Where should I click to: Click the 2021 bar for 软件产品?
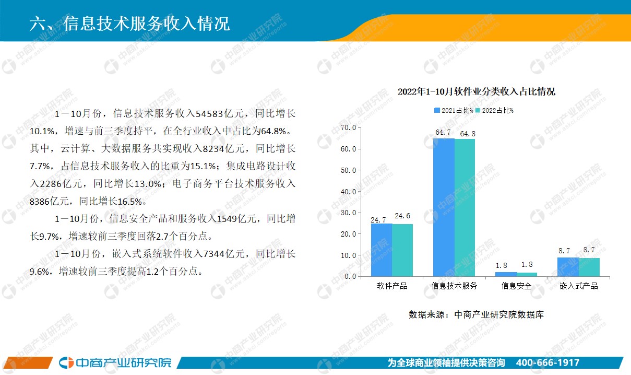pyautogui.click(x=382, y=250)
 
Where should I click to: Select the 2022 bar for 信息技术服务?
pyautogui.click(x=465, y=207)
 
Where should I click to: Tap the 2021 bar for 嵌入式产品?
pyautogui.click(x=568, y=267)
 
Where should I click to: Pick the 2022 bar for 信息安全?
pyautogui.click(x=527, y=274)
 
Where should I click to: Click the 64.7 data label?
pyautogui.click(x=443, y=132)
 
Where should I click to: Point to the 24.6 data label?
pyautogui.click(x=402, y=216)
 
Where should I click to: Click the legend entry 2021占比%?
pyautogui.click(x=454, y=110)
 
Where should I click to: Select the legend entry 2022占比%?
pyautogui.click(x=494, y=110)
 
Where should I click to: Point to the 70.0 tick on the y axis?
pyautogui.click(x=349, y=128)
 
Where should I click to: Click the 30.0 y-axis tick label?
pyautogui.click(x=349, y=213)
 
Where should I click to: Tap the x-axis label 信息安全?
pyautogui.click(x=516, y=286)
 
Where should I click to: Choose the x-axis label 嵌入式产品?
pyautogui.click(x=579, y=286)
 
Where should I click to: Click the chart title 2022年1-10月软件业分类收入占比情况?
pyautogui.click(x=477, y=91)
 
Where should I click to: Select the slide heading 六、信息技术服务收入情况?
pyautogui.click(x=129, y=23)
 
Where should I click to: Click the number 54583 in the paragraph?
pyautogui.click(x=209, y=114)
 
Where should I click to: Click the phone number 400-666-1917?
pyautogui.click(x=547, y=362)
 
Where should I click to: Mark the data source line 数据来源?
pyautogui.click(x=476, y=314)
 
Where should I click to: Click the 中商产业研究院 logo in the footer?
pyautogui.click(x=115, y=362)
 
